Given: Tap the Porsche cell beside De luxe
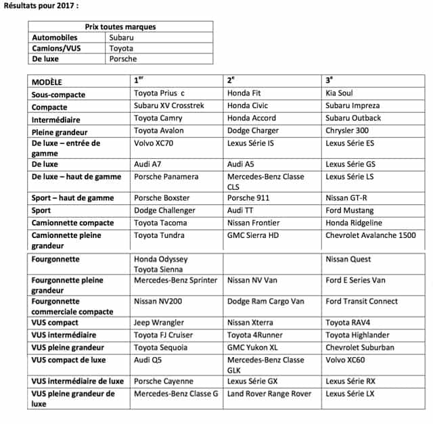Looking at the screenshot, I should [122, 59].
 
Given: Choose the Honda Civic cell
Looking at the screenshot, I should [248, 106].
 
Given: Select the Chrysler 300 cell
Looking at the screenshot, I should [347, 131].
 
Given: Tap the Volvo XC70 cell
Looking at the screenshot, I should [158, 143].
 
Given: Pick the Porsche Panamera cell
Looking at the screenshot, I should [166, 176].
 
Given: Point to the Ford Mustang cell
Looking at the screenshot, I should [349, 210].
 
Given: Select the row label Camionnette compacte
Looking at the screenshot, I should [72, 223].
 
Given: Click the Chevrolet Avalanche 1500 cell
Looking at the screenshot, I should [371, 235].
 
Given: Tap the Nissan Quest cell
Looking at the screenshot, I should [348, 259].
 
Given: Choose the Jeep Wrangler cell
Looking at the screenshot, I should [159, 323].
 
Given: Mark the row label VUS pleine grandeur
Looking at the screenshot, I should [67, 348].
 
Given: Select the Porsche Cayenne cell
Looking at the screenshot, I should [164, 381].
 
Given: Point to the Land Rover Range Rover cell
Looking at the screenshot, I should [269, 394].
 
